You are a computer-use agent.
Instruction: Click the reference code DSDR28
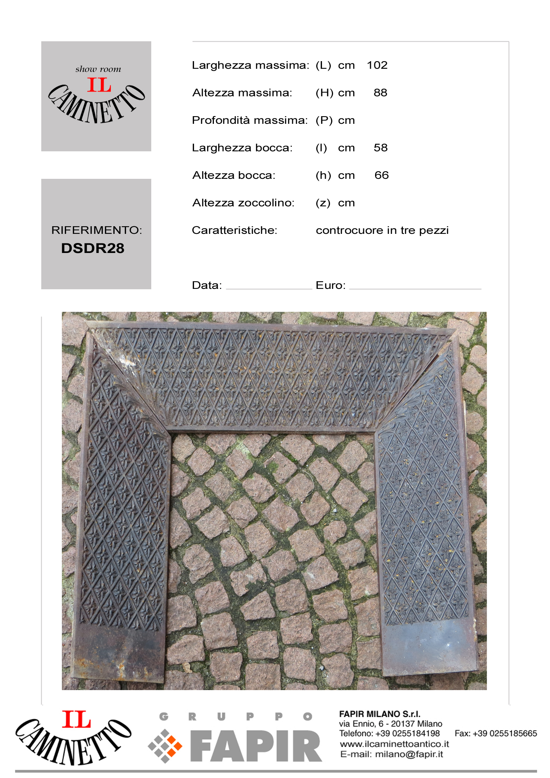[x=93, y=248]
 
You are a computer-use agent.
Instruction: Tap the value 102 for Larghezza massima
[x=377, y=65]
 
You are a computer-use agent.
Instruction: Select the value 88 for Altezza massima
[x=380, y=93]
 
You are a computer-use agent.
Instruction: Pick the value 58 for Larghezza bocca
[x=380, y=148]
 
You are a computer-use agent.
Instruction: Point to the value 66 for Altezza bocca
[x=382, y=175]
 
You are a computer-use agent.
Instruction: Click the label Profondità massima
[x=250, y=120]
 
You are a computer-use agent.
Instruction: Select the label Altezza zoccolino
[x=243, y=203]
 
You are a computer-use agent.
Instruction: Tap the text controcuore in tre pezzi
[x=382, y=230]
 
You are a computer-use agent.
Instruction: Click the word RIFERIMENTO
[x=96, y=230]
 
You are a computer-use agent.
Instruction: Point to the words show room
[x=98, y=69]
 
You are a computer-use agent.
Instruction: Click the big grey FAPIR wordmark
[x=256, y=746]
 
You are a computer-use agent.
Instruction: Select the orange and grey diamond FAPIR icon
[x=165, y=746]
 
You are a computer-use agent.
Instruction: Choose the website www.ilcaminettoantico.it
[x=394, y=744]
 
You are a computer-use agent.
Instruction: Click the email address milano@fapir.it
[x=409, y=754]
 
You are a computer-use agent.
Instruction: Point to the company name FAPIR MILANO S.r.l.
[x=380, y=714]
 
